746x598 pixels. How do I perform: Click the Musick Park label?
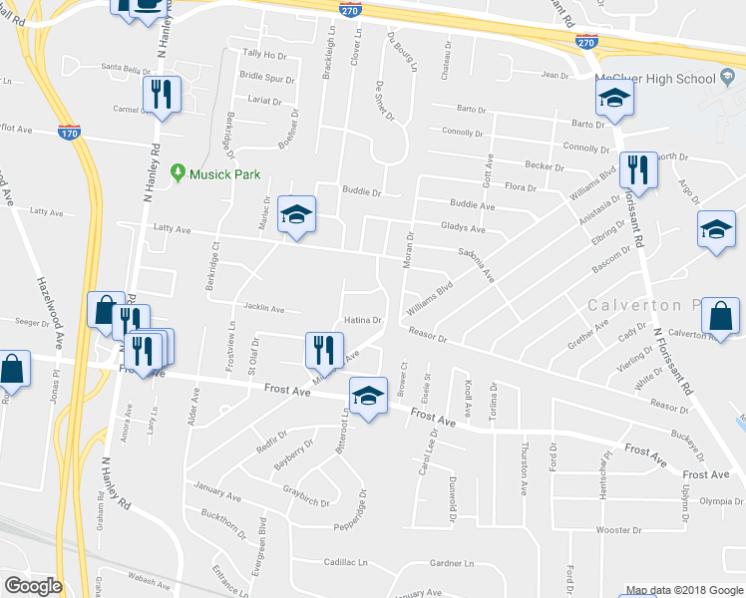(x=226, y=174)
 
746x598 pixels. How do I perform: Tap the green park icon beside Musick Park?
(x=179, y=173)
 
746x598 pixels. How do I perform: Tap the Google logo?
(x=33, y=585)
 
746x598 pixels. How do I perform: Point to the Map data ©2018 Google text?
(x=684, y=590)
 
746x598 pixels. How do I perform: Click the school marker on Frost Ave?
(x=368, y=397)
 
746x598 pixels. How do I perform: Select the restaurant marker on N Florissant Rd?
(x=636, y=170)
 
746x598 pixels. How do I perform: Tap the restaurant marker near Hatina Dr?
(x=323, y=349)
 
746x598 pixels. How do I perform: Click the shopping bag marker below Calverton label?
(x=720, y=317)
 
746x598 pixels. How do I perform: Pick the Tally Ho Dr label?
(x=263, y=56)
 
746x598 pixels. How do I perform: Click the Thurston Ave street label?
(x=523, y=469)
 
